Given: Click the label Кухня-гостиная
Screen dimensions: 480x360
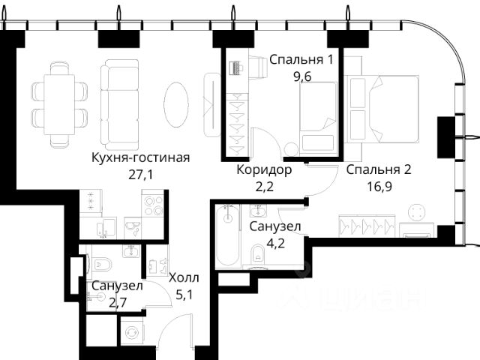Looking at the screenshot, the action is click(140, 158).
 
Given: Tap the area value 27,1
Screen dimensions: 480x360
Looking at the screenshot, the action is click(141, 175).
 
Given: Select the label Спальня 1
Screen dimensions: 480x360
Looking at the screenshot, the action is click(301, 59).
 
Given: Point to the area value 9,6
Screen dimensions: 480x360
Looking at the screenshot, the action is click(302, 76).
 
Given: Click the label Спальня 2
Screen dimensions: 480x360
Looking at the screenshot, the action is click(379, 169).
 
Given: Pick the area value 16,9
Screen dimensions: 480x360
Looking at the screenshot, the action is click(379, 186).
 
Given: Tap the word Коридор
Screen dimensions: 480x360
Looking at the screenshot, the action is click(264, 170).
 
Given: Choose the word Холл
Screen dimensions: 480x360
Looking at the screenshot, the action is click(184, 278).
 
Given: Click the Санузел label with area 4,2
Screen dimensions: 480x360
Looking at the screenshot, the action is click(275, 226).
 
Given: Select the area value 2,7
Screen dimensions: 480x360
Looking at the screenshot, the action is click(118, 302).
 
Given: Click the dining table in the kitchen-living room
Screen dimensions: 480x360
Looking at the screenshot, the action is click(59, 104).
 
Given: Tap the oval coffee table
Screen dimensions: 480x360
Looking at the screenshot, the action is click(176, 104).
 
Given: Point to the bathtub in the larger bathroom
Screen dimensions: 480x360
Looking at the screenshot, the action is click(227, 235).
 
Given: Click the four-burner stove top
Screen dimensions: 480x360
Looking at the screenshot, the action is click(154, 205).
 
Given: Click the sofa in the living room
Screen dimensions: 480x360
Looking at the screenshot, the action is click(120, 104).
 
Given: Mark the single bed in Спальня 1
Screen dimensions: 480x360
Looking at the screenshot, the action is click(318, 117).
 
